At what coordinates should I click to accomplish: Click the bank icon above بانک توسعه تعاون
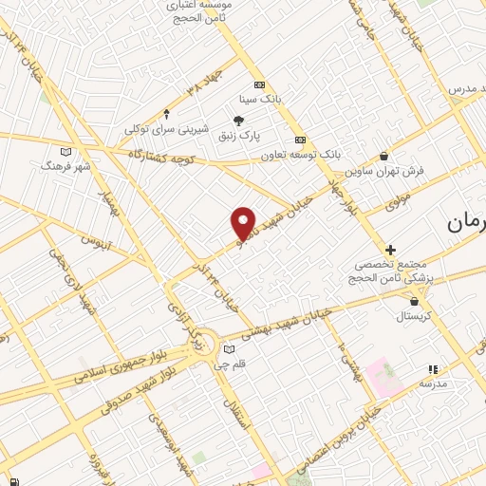point(301,139)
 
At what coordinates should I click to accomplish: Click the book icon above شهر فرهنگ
point(65,151)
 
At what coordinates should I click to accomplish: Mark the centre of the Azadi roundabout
point(203,346)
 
